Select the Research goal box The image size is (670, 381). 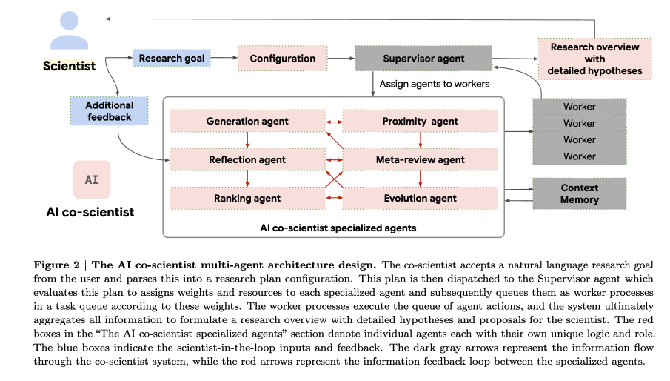coord(172,58)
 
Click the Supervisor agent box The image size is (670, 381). coord(423,58)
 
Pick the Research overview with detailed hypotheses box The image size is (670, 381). coord(594,59)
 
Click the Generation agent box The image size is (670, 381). coord(247,121)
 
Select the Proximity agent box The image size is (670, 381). coord(420,121)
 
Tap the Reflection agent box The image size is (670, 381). coord(247,159)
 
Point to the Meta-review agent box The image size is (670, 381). coord(420,159)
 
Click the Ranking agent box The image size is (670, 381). coord(247,198)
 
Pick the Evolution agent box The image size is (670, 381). coord(420,198)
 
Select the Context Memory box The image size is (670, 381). coord(579,193)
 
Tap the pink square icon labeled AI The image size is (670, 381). coord(92,179)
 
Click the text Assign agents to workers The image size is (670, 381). coord(434,84)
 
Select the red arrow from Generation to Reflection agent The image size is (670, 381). coord(247,140)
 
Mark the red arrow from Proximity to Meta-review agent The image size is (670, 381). coord(420,140)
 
